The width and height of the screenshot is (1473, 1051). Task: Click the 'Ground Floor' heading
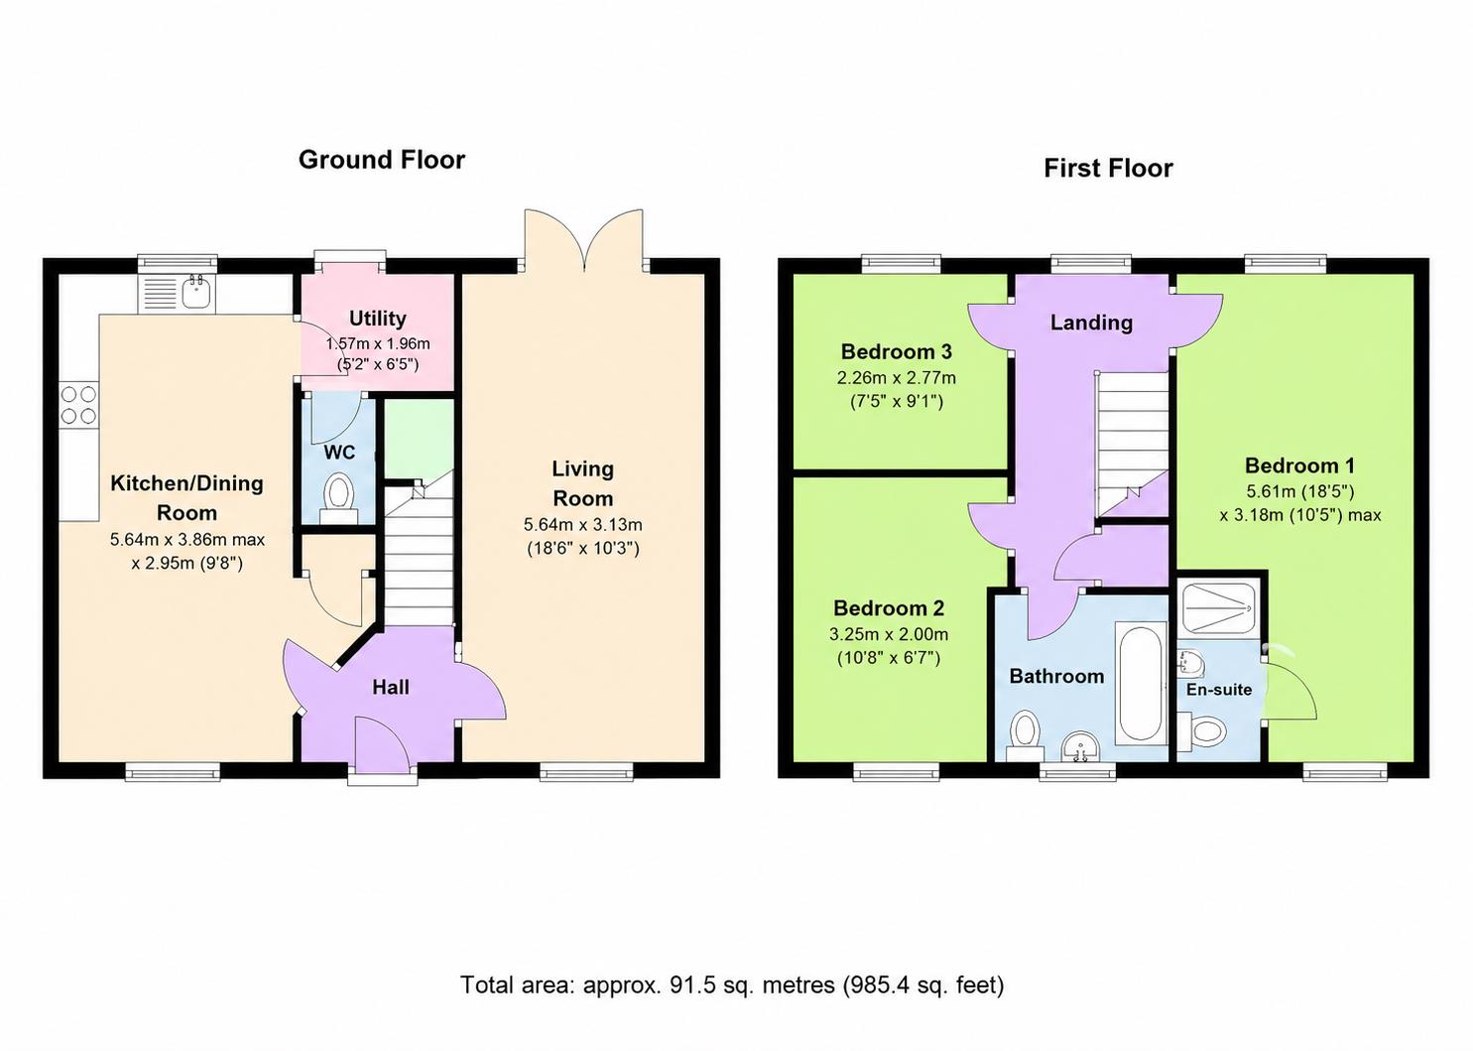click(382, 160)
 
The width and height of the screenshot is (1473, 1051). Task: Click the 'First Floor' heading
click(1108, 169)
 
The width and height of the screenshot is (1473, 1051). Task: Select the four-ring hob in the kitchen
click(79, 405)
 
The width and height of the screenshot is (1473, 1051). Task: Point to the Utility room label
click(378, 319)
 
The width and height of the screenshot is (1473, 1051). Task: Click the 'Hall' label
click(391, 688)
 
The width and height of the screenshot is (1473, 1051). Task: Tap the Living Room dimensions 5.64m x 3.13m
click(582, 525)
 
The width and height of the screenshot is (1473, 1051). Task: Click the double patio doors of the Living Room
click(584, 240)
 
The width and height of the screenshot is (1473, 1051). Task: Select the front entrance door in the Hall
click(382, 743)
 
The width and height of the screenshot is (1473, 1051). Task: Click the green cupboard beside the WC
click(419, 439)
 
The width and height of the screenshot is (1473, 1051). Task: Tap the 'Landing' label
click(1091, 323)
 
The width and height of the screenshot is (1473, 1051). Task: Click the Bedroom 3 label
click(897, 351)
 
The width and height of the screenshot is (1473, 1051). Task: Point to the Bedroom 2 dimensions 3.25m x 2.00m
click(889, 635)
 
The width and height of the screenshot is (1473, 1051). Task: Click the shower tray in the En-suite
click(1219, 608)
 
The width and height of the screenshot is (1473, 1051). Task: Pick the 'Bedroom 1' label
click(1300, 465)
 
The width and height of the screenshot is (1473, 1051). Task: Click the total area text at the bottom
click(732, 985)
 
